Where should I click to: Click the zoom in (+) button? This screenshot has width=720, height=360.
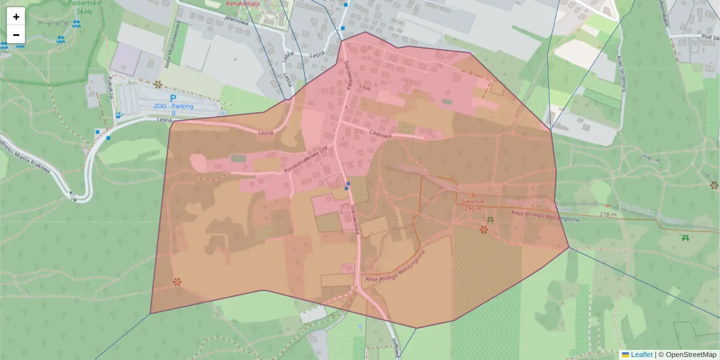pyautogui.click(x=16, y=17)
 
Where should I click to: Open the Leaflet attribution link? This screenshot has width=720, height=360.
pyautogui.click(x=641, y=355)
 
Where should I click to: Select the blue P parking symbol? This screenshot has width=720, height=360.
pyautogui.click(x=173, y=98)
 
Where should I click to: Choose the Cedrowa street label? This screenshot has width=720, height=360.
pyautogui.click(x=380, y=135)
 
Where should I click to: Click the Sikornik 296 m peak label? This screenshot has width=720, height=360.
pyautogui.click(x=473, y=205)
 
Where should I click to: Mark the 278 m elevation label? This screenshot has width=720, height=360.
pyautogui.click(x=608, y=214)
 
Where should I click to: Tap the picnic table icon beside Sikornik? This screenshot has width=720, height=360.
pyautogui.click(x=491, y=220)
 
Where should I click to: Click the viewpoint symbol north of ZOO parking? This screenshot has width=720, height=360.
pyautogui.click(x=158, y=85)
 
